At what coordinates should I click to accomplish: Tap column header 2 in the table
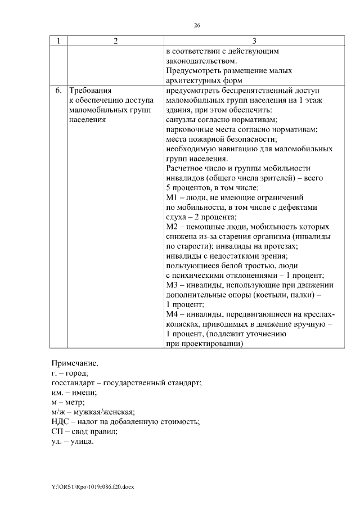[115, 41]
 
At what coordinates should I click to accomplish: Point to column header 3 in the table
[254, 41]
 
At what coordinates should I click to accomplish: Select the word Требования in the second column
[90, 90]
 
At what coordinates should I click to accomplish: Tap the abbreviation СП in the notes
[57, 431]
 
